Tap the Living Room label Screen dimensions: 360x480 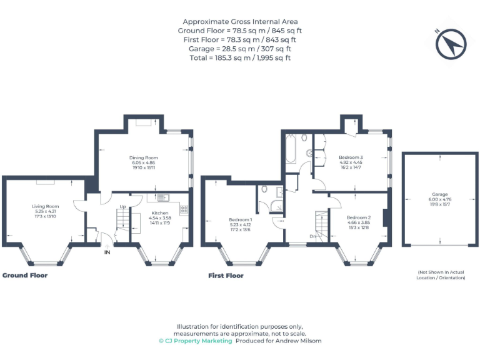[45, 206]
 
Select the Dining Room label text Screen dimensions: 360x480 [143, 157]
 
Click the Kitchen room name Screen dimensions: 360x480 [160, 212]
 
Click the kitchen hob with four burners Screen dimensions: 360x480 [184, 208]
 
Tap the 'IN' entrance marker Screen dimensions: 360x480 [107, 252]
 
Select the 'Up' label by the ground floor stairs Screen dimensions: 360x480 [122, 206]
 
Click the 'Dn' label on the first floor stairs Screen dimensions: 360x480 [312, 236]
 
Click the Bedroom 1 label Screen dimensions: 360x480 [241, 219]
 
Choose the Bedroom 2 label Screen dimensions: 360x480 [359, 217]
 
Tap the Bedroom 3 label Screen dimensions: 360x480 [351, 157]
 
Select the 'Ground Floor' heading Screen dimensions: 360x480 [25, 275]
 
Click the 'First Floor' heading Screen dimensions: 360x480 [226, 275]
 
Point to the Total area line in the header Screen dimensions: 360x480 [240, 57]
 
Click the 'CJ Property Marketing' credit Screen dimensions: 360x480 [194, 341]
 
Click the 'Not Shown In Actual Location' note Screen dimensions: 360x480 [441, 274]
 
